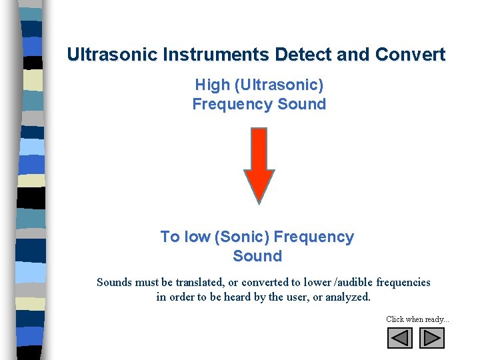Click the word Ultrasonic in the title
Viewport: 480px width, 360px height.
click(x=107, y=55)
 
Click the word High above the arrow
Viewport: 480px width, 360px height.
click(x=211, y=85)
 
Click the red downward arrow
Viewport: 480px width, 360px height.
click(x=259, y=160)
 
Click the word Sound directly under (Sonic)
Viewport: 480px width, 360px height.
click(x=257, y=256)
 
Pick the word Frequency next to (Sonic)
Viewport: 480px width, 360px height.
click(x=314, y=237)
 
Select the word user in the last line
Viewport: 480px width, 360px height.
click(x=296, y=297)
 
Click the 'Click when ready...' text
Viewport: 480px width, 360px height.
click(x=417, y=319)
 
